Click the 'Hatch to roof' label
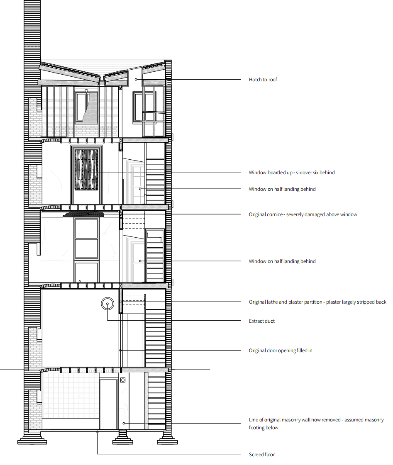click(263, 80)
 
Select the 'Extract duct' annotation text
click(261, 321)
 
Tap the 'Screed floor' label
click(261, 454)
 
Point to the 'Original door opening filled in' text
click(280, 351)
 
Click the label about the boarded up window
click(292, 173)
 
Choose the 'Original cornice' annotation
click(303, 214)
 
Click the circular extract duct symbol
click(107, 304)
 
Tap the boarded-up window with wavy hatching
click(86, 170)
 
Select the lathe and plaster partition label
click(317, 302)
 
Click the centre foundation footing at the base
click(122, 437)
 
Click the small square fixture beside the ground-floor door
click(123, 380)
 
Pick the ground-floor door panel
click(108, 404)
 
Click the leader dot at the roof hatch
click(136, 80)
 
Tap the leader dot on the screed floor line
click(97, 432)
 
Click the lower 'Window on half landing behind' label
click(282, 261)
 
